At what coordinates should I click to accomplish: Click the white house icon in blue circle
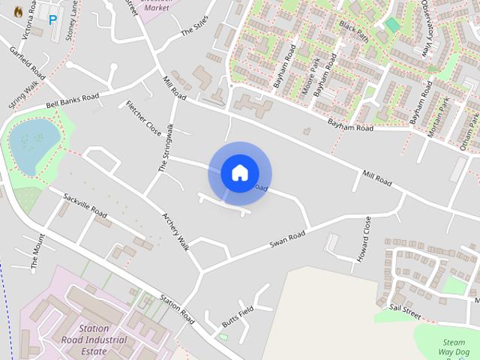coord(239,173)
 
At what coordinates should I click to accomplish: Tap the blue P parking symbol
coord(52,20)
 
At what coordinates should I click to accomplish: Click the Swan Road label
coord(288,241)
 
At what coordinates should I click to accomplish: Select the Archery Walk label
coord(175,232)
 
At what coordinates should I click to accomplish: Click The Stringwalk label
coord(165,147)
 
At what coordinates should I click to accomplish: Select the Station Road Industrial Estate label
coord(103,340)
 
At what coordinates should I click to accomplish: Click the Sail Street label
coord(405,307)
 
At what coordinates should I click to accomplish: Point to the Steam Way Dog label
coord(454,342)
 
